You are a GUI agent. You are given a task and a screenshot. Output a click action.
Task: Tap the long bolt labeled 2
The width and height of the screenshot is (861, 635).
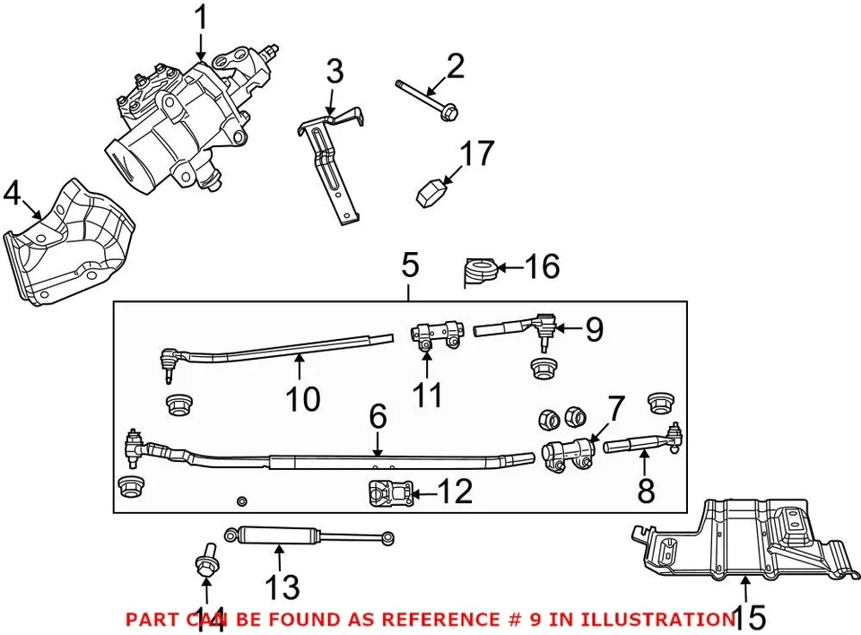pyautogui.click(x=426, y=98)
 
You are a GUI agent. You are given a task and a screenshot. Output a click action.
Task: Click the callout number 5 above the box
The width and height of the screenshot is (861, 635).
pyautogui.click(x=409, y=265)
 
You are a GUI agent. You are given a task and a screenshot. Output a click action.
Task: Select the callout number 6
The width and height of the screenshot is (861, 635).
pyautogui.click(x=378, y=415)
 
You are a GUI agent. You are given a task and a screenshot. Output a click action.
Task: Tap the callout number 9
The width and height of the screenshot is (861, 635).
pyautogui.click(x=594, y=330)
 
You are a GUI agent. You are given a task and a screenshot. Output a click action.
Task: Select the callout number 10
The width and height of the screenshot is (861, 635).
pyautogui.click(x=303, y=398)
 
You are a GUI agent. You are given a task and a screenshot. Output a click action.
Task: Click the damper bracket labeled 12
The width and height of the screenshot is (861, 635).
pyautogui.click(x=387, y=492)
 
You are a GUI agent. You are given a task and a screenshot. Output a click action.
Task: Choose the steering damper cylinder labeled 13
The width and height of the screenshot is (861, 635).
pyautogui.click(x=278, y=538)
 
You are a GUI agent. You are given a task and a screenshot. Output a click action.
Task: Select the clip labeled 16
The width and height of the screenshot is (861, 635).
pyautogui.click(x=481, y=271)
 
